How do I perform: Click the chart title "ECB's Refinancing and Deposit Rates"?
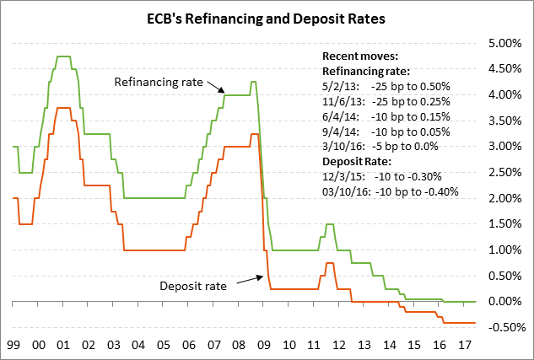[267, 16]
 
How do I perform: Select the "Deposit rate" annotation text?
[193, 286]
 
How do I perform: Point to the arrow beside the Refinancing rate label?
[217, 87]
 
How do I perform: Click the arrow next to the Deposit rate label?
[248, 280]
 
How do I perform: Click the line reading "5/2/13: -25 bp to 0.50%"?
[386, 87]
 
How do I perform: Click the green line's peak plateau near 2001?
[63, 56]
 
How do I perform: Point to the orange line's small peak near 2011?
[329, 263]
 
